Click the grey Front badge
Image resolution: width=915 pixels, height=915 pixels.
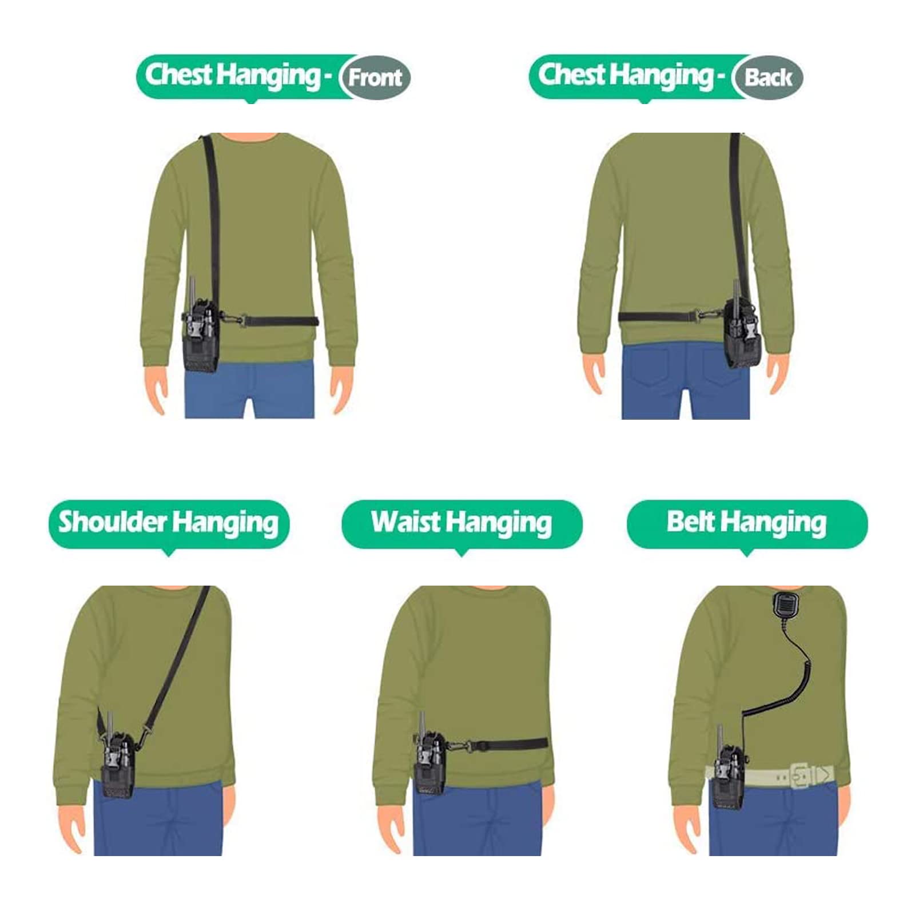point(375,77)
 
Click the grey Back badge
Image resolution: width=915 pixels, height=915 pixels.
point(768,77)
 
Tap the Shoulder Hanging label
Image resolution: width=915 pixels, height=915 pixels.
point(169,523)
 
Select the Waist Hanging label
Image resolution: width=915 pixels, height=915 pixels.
point(462,523)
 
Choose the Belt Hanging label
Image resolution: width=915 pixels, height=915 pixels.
point(746,523)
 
